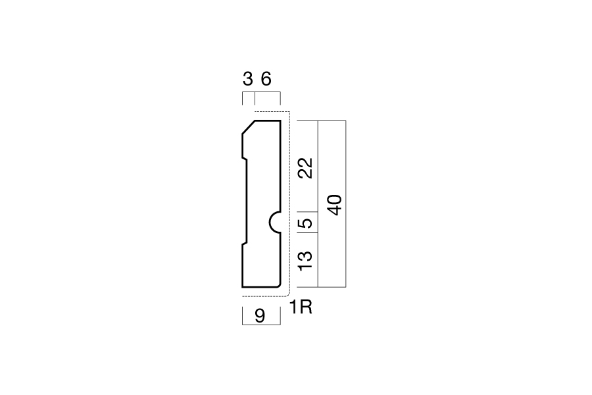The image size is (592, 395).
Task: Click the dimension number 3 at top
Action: point(248,80)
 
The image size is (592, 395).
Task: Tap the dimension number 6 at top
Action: point(266,80)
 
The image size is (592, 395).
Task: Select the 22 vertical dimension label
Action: point(305,169)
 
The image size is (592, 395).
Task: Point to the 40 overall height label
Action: point(335,205)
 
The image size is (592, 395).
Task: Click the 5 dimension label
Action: point(305,223)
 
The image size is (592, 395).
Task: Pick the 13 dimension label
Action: point(305,261)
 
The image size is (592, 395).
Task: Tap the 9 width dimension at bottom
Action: point(260,316)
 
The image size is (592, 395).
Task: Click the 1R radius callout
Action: point(301,307)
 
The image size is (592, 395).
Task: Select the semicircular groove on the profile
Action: point(275,223)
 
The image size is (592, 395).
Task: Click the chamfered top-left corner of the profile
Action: point(249,127)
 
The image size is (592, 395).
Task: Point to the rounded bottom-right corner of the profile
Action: point(279,285)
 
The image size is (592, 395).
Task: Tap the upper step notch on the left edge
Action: point(245,159)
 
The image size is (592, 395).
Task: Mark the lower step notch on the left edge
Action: point(245,243)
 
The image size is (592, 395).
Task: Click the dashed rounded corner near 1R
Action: point(287,294)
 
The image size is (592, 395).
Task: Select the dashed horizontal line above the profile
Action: point(272,112)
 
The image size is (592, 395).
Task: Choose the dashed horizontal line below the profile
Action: point(264,296)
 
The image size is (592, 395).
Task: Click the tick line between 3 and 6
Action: point(255,98)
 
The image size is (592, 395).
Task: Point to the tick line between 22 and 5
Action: point(307,212)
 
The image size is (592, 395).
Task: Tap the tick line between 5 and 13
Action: point(307,233)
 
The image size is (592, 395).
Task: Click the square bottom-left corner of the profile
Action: point(242,287)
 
